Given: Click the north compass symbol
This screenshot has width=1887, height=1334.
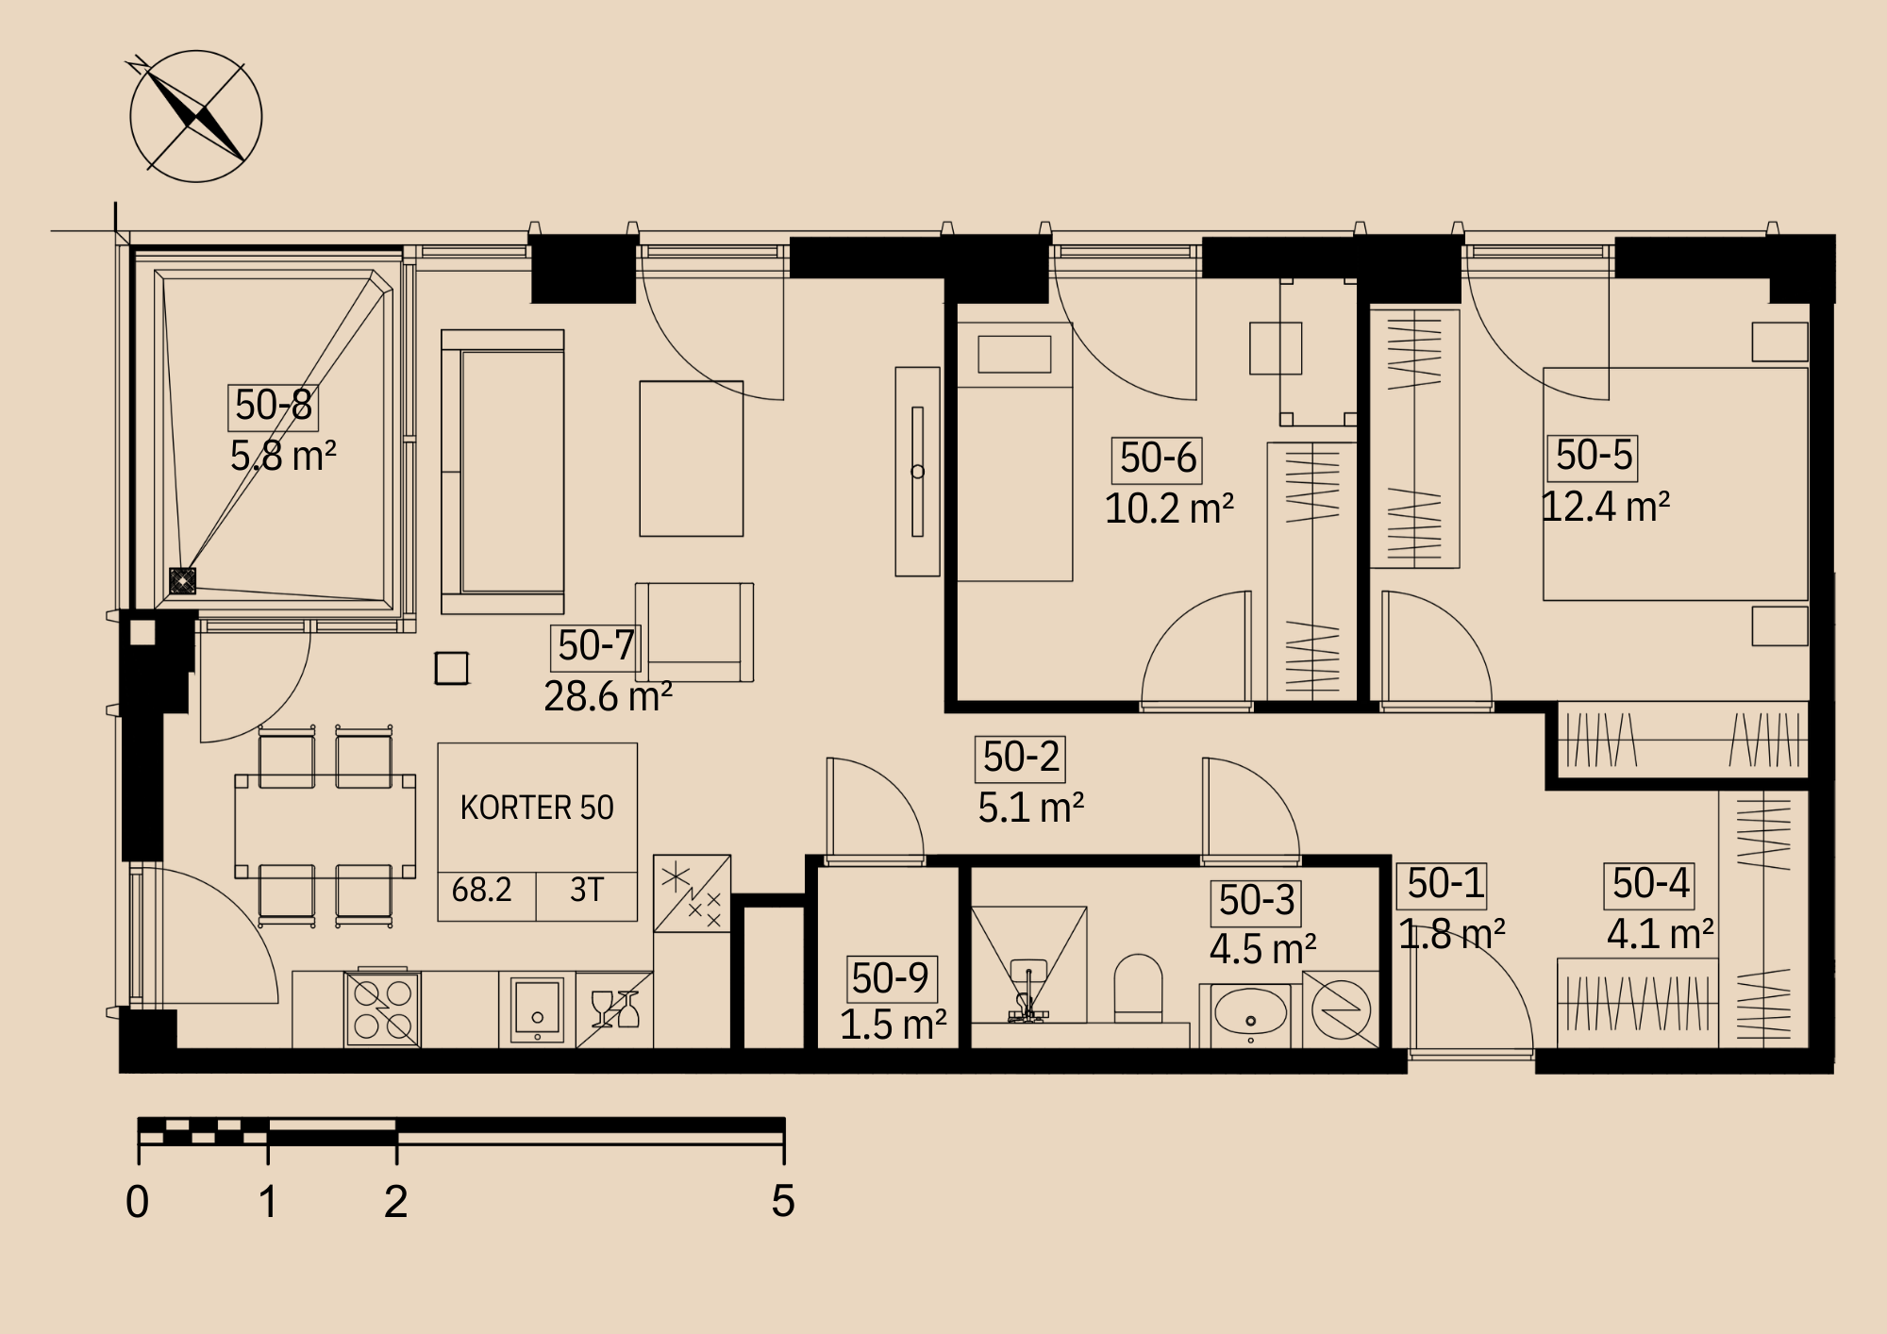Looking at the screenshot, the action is (x=195, y=116).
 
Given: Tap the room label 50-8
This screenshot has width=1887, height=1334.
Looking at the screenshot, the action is (x=273, y=406).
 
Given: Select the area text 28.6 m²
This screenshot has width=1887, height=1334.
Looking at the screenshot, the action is (x=608, y=696).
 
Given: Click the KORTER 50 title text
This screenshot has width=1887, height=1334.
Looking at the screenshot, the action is (x=537, y=808).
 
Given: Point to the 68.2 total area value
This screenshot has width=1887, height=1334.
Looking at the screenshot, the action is (x=481, y=890).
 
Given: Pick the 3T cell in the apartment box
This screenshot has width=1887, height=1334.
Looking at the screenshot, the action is (x=587, y=890).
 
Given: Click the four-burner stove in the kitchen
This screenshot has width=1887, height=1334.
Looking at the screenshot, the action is (x=383, y=1009).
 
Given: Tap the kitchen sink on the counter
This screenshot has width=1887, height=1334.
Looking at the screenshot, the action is (x=537, y=1010).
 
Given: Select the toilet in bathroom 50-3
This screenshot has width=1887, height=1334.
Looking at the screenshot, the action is (x=1138, y=988).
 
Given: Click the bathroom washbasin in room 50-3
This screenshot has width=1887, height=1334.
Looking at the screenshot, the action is (x=1250, y=1015).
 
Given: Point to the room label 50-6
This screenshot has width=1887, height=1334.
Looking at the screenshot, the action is (x=1157, y=459).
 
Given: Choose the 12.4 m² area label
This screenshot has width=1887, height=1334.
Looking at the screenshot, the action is (x=1606, y=508).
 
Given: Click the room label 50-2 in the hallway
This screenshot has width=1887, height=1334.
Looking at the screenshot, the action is (x=1020, y=759).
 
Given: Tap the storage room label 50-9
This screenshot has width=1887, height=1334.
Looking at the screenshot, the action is (x=890, y=978).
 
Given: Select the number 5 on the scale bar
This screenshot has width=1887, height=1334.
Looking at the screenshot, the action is (x=783, y=1201).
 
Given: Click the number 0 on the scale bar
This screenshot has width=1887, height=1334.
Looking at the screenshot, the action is (x=137, y=1202).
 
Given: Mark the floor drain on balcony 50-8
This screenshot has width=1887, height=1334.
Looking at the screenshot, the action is (x=182, y=580).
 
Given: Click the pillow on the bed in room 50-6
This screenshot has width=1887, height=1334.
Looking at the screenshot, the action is (x=1014, y=355).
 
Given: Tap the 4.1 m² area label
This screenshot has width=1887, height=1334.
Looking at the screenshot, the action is (x=1661, y=935).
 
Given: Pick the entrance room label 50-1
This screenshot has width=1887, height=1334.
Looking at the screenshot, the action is (x=1445, y=885).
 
